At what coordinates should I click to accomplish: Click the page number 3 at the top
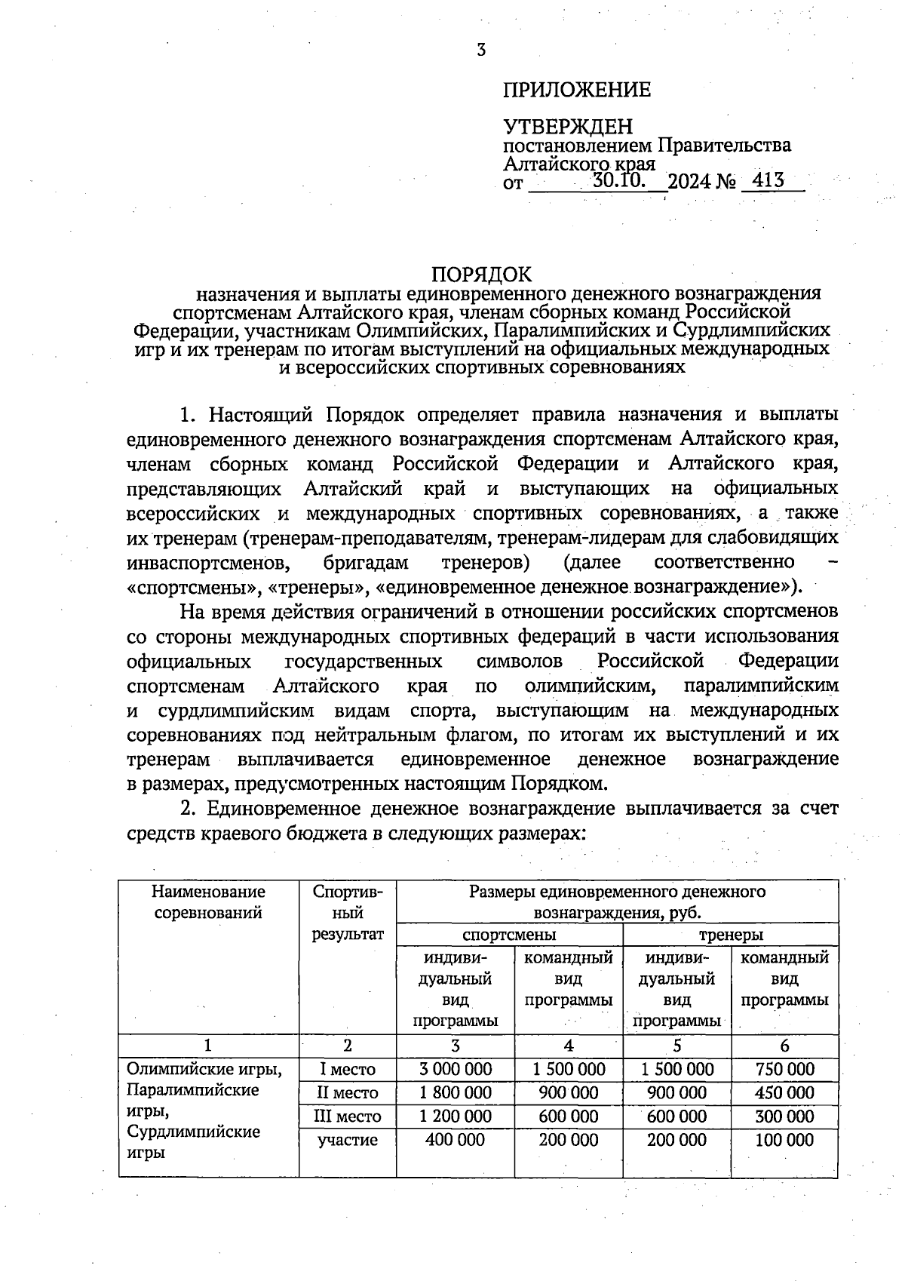(x=481, y=51)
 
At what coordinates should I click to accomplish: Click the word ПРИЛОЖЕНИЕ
(x=577, y=91)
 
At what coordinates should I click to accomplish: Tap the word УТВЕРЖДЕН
(x=568, y=127)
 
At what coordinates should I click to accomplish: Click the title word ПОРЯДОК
(x=482, y=273)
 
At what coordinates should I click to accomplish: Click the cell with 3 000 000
(x=455, y=1069)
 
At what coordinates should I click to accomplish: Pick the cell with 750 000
(x=784, y=1069)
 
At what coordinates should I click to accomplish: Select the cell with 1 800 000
(x=455, y=1092)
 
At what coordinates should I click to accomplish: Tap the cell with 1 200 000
(x=455, y=1116)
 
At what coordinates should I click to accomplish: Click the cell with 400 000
(x=455, y=1139)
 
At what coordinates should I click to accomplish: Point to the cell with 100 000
(x=784, y=1139)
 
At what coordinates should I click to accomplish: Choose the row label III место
(x=348, y=1116)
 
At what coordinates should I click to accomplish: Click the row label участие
(x=348, y=1139)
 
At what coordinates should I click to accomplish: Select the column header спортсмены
(x=509, y=934)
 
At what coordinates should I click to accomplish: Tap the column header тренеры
(x=731, y=934)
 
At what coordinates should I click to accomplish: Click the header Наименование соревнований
(x=208, y=902)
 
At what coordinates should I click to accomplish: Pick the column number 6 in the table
(x=784, y=1046)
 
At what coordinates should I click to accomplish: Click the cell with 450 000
(x=784, y=1092)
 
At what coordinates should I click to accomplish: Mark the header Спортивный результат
(x=348, y=913)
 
